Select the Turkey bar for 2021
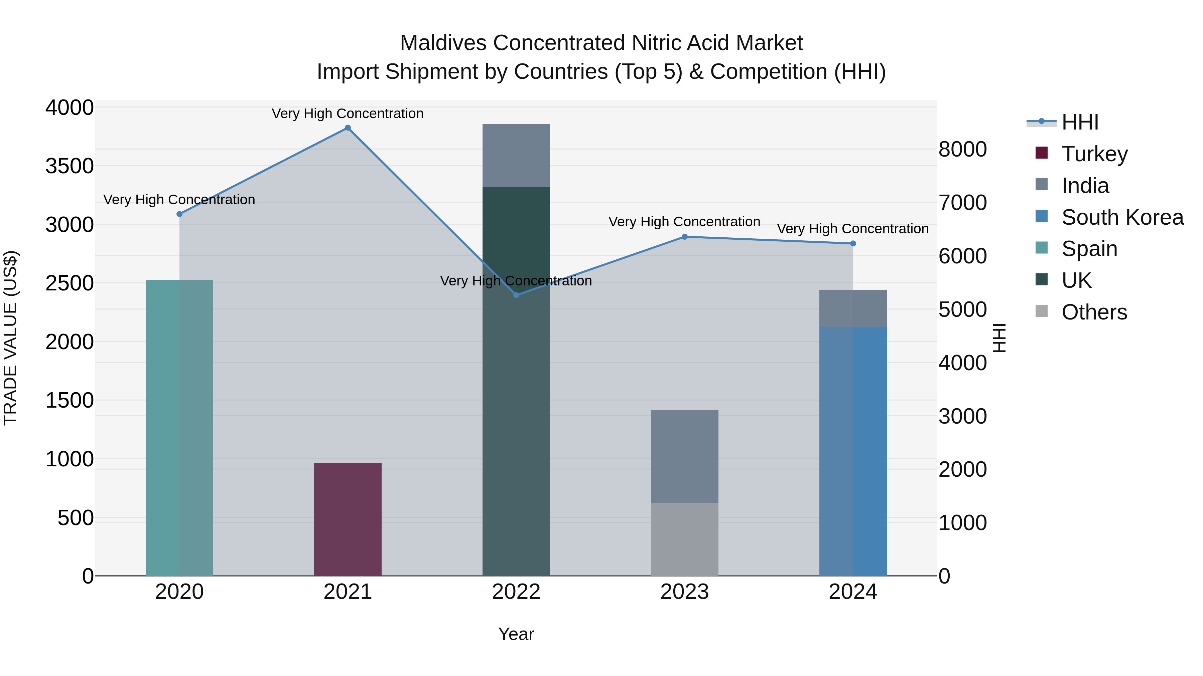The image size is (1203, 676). tap(348, 519)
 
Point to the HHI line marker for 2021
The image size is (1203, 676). tap(348, 128)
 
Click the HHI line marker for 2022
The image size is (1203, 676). tap(516, 295)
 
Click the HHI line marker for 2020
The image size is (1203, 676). tap(179, 214)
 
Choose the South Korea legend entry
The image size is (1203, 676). tap(1122, 217)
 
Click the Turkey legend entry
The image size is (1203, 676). tap(1094, 154)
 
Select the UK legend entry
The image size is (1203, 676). tap(1076, 280)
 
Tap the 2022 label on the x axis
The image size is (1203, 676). tap(516, 592)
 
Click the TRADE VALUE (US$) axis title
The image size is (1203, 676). tap(10, 338)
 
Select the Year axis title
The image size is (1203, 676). tap(516, 634)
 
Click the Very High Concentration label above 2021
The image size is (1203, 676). tap(348, 114)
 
